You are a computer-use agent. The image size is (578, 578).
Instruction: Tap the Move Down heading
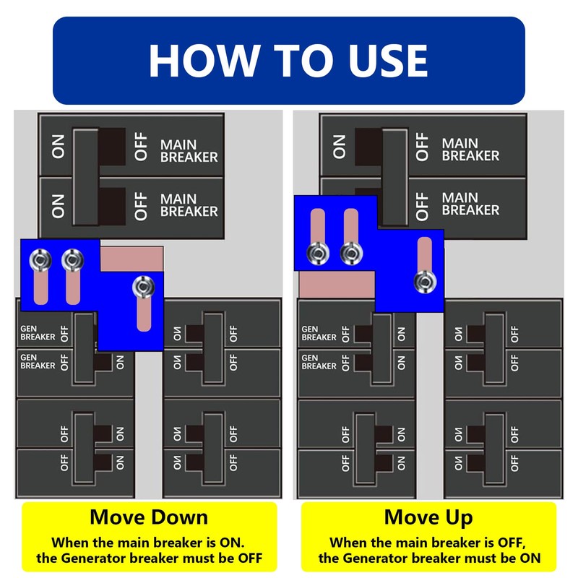click(x=149, y=517)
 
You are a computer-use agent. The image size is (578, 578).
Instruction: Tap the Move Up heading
click(x=428, y=517)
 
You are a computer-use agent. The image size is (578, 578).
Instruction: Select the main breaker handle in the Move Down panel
click(x=85, y=177)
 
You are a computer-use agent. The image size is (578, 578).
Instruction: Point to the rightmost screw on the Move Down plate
click(x=142, y=286)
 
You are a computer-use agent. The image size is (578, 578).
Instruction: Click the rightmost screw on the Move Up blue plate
click(x=425, y=281)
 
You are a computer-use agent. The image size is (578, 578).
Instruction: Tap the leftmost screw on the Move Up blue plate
click(x=316, y=252)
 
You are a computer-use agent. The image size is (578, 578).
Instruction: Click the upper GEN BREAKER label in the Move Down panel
click(x=38, y=333)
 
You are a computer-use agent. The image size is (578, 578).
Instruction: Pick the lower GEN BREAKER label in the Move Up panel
click(x=319, y=362)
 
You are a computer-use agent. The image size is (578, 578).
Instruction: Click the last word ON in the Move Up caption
click(x=530, y=558)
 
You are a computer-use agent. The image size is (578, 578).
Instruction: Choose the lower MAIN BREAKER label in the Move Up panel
click(x=470, y=204)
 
